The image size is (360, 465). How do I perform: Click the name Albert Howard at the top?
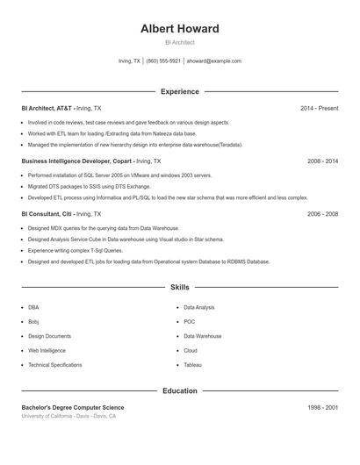pyautogui.click(x=179, y=29)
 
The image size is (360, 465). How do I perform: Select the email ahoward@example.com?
pyautogui.click(x=213, y=61)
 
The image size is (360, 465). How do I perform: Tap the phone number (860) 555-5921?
pyautogui.click(x=163, y=61)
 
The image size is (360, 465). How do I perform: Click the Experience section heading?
pyautogui.click(x=179, y=91)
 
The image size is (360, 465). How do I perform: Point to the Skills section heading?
pyautogui.click(x=179, y=287)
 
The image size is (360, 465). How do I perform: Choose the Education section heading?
pyautogui.click(x=179, y=390)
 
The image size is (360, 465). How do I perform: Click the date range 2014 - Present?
pyautogui.click(x=319, y=108)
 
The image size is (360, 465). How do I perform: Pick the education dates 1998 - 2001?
pyautogui.click(x=322, y=407)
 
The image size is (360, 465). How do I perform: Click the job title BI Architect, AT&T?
pyautogui.click(x=47, y=108)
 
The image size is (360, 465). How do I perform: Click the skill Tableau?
pyautogui.click(x=192, y=364)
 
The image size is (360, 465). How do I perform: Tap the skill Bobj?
pyautogui.click(x=33, y=322)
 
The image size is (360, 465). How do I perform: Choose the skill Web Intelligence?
pyautogui.click(x=47, y=350)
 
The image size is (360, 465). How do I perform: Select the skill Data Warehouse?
pyautogui.click(x=202, y=336)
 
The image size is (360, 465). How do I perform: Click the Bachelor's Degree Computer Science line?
pyautogui.click(x=73, y=407)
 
